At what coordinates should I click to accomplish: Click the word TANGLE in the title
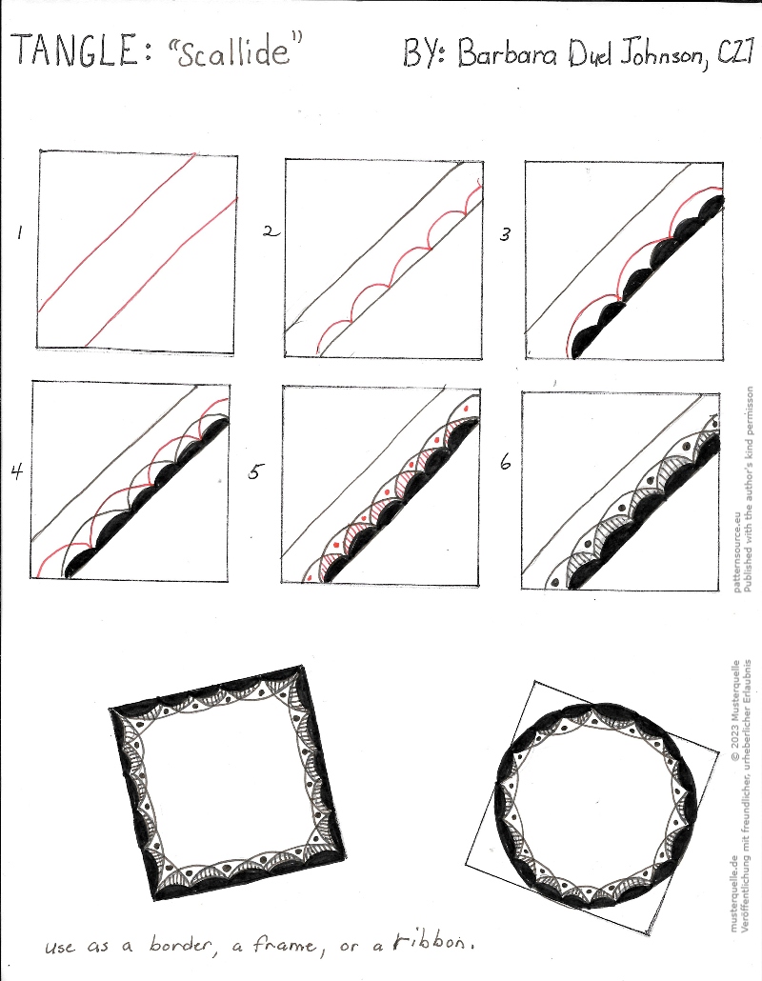[x=74, y=50]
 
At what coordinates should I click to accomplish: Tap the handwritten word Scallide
[x=233, y=50]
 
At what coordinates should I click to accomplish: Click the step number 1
[x=19, y=233]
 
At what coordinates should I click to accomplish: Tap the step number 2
[x=271, y=231]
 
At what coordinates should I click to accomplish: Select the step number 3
[x=504, y=234]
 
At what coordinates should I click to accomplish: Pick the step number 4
[x=17, y=470]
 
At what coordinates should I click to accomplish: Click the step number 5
[x=255, y=471]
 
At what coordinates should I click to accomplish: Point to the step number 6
[x=505, y=462]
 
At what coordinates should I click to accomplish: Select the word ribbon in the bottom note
[x=431, y=942]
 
